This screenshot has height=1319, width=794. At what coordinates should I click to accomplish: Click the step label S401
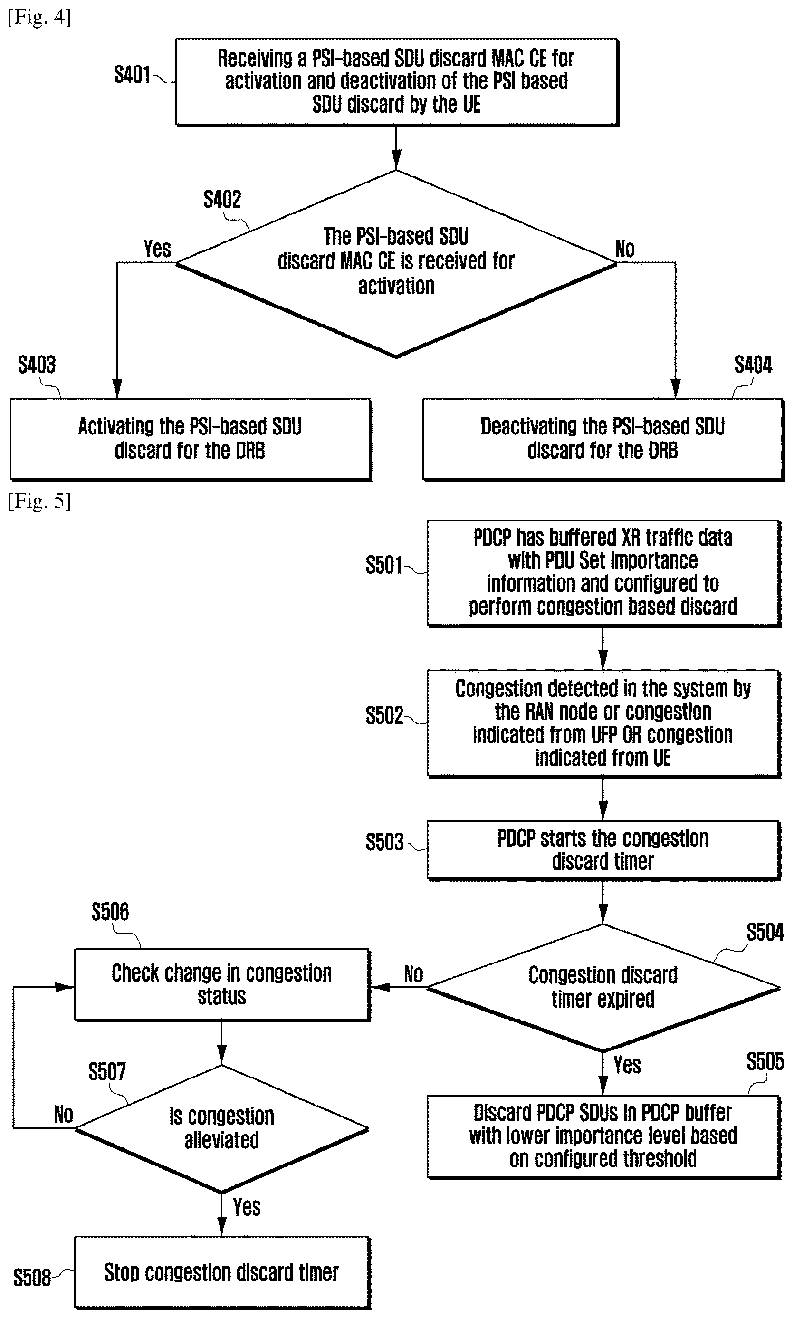132,75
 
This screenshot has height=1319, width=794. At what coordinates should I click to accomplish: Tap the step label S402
222,200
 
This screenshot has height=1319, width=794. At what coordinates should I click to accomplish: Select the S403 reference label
37,365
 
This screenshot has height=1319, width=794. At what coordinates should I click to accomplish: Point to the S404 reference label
753,365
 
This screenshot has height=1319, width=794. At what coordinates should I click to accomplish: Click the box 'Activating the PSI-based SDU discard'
190,439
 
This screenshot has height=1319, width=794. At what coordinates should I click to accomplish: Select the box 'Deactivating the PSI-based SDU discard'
603,439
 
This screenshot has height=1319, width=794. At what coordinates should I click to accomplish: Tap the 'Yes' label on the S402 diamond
157,249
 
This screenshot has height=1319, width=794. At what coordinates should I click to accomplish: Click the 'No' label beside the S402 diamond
625,249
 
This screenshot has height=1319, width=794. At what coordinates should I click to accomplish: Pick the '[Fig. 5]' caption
39,501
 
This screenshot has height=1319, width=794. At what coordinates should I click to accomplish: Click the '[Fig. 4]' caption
39,17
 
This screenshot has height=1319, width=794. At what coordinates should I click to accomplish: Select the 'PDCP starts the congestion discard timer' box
603,850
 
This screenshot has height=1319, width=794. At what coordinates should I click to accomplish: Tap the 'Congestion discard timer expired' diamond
603,987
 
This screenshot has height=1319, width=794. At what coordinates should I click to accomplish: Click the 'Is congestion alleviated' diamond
221,1128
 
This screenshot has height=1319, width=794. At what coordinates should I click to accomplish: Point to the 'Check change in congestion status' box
221,984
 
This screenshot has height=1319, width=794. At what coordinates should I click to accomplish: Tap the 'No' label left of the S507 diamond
64,1115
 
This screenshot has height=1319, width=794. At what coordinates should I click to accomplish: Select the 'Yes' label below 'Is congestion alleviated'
247,1207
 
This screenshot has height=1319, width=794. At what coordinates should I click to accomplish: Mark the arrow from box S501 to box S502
603,648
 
